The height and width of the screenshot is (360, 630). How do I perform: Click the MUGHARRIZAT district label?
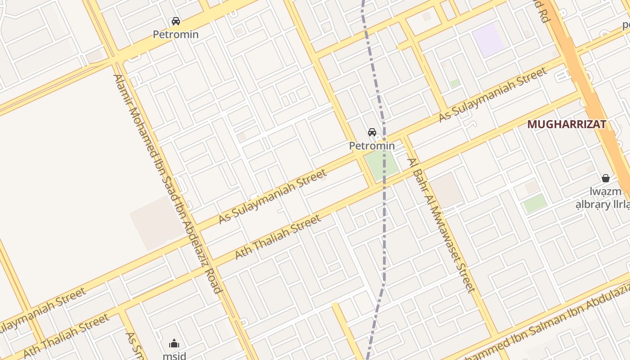tap(567, 124)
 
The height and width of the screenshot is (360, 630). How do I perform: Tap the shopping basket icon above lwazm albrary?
tap(606, 178)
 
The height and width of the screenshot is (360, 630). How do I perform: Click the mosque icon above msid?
tap(174, 344)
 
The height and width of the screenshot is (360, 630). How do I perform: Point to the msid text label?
tap(174, 355)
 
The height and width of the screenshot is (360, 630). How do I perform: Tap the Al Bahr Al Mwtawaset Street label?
tap(441, 225)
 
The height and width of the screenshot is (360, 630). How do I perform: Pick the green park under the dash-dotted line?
tap(381, 163)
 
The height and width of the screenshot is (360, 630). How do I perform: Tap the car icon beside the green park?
tap(372, 132)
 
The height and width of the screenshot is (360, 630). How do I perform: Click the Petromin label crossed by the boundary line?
tap(372, 146)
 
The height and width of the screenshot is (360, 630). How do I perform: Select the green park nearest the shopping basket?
tap(535, 203)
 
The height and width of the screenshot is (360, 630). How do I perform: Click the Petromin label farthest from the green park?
tap(175, 34)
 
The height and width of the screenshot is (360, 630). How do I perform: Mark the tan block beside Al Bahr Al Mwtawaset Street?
tap(445, 189)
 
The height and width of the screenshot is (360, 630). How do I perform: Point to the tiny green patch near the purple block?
tap(455, 83)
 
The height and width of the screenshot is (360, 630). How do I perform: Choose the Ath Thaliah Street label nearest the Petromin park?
tap(278, 237)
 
